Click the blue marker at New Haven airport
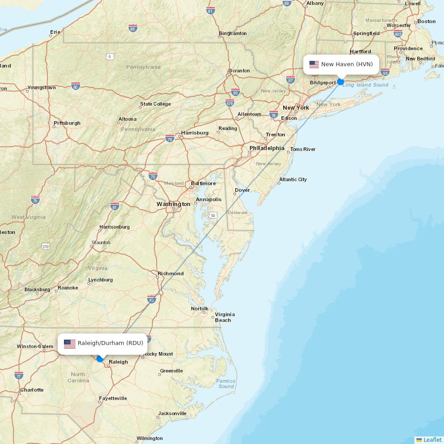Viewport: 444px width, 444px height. [341, 82]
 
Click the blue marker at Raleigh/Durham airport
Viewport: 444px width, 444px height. [100, 359]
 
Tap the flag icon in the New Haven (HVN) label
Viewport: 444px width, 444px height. [314, 64]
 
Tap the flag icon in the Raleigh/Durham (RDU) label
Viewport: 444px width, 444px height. [70, 343]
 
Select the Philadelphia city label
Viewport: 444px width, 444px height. [266, 148]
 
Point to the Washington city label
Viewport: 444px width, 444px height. [173, 204]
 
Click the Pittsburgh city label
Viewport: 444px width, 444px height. [67, 123]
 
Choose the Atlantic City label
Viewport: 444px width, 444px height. [293, 179]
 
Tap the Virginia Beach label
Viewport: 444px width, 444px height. [225, 317]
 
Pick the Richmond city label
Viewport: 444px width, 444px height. [170, 274]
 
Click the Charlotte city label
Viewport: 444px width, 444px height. [32, 390]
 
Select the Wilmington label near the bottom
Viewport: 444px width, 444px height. [150, 438]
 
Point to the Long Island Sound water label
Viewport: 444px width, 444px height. [365, 85]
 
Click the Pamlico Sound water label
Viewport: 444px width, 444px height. [226, 384]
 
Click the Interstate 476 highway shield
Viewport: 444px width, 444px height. [230, 104]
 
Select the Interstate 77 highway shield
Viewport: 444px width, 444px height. [19, 375]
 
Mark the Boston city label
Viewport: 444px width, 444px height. [426, 21]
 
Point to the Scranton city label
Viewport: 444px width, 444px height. [239, 71]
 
